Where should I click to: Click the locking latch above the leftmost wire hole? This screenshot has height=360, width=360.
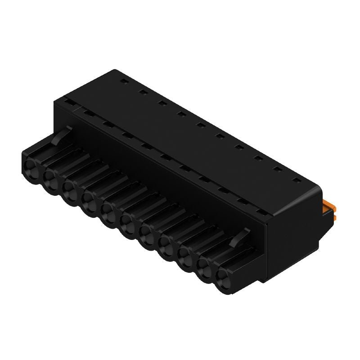[x=61, y=136]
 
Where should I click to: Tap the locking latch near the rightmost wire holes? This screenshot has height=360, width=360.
[x=238, y=238]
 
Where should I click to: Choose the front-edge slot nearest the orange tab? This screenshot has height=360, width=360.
[x=260, y=210]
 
